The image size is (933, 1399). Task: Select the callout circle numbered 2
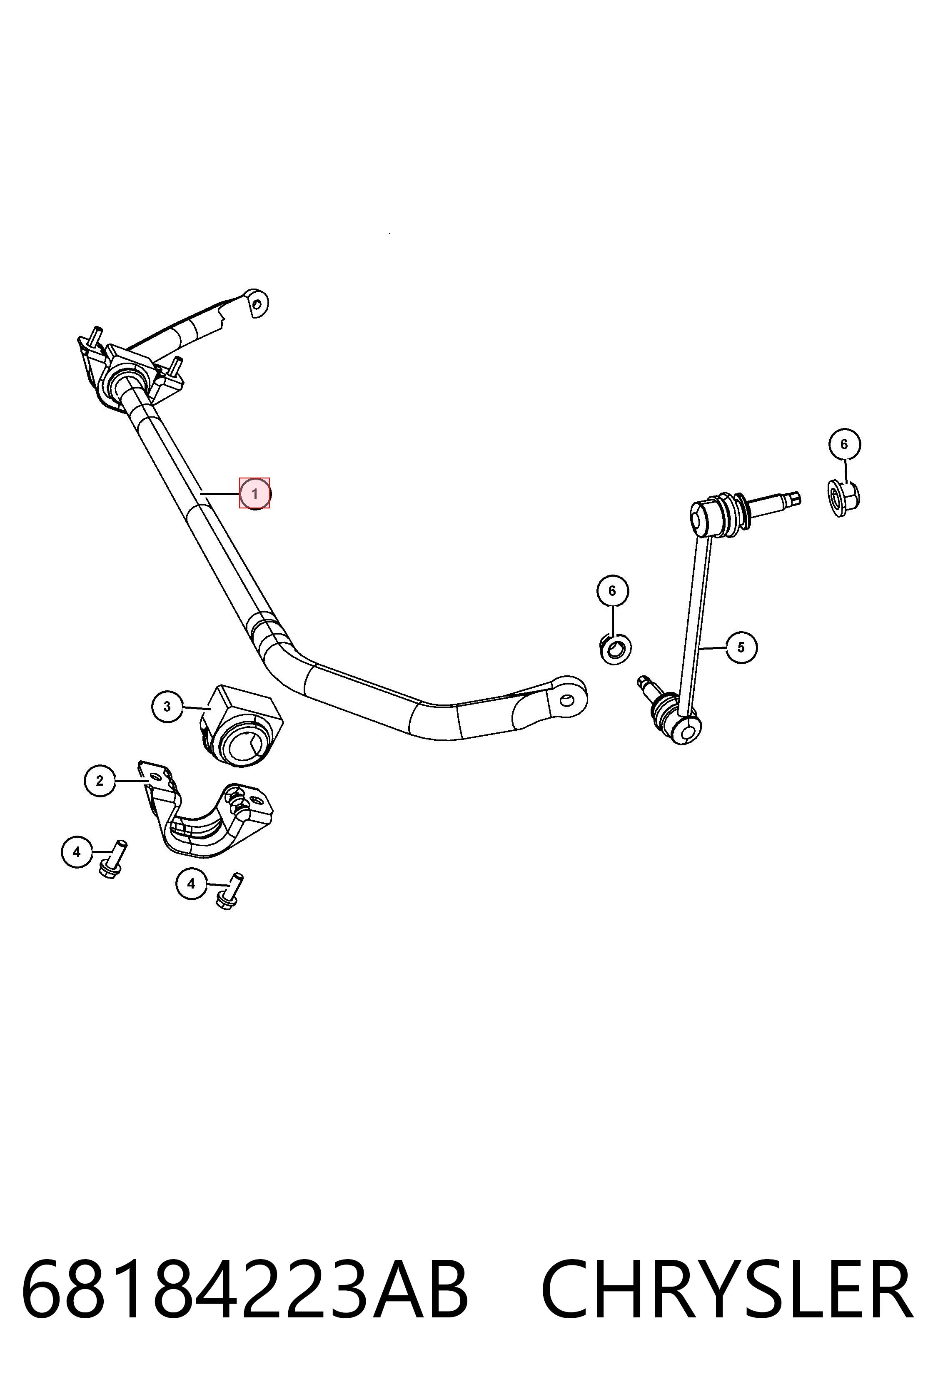coord(100,780)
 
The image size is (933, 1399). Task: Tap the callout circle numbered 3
coord(167,707)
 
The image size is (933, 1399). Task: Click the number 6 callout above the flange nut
coord(844,444)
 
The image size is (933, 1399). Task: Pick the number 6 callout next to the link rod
coord(612,591)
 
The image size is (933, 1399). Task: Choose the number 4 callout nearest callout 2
coord(76,852)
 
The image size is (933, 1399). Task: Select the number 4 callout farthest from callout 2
coord(191,884)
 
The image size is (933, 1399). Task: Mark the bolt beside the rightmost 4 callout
coord(230,891)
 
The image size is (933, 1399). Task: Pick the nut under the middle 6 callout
coord(615,649)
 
